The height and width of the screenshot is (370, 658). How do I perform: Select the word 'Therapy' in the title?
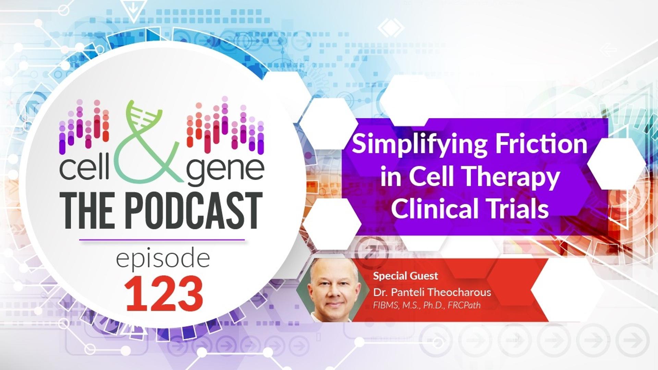pyautogui.click(x=512, y=178)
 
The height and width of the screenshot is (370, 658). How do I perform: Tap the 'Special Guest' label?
pyautogui.click(x=405, y=276)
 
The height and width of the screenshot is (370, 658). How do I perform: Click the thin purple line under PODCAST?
pyautogui.click(x=162, y=240)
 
